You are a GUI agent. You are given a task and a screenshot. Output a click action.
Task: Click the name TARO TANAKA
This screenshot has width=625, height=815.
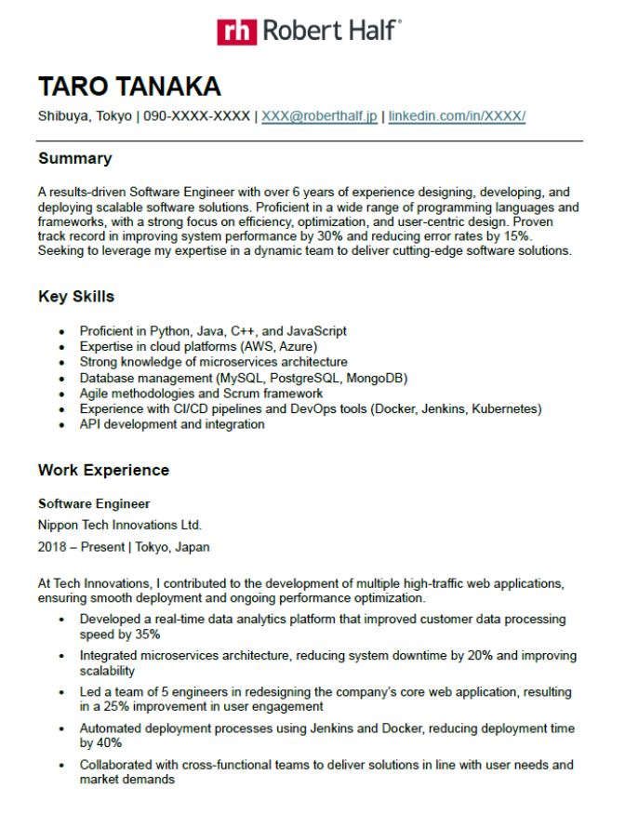pos(129,87)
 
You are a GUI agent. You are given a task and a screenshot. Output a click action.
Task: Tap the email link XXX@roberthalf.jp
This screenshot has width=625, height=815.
pos(319,116)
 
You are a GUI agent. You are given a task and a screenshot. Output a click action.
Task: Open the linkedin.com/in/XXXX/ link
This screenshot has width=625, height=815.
pos(457,116)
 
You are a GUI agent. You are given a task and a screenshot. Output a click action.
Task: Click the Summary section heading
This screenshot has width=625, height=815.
pos(74,158)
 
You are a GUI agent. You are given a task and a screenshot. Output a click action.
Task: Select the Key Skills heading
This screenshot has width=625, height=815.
pos(76,297)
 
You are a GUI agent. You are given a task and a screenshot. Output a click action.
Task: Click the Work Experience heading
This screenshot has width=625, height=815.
pos(103,470)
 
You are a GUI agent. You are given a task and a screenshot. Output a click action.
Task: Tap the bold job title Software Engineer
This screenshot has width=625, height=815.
pos(94,503)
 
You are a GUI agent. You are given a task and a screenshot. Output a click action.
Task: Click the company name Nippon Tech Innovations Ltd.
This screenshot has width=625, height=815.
pos(119,525)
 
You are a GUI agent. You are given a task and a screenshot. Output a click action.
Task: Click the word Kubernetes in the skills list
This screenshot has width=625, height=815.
pos(504,408)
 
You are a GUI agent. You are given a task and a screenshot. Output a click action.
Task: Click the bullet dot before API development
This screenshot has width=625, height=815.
pos(61,425)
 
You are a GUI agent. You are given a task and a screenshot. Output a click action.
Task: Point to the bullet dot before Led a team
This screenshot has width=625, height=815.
pos(61,693)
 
